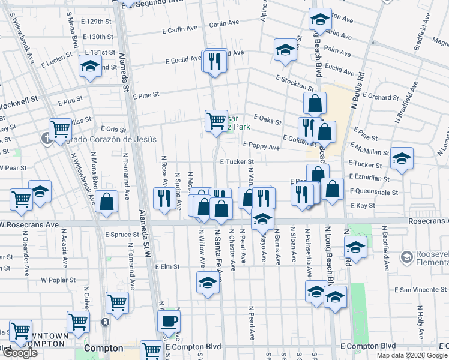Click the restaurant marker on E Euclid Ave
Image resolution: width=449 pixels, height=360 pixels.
click(215, 61)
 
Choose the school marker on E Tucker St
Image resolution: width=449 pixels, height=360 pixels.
click(402, 159)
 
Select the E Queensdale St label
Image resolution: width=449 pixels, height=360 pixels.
click(375, 193)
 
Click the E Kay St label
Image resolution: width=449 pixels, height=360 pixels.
click(363, 205)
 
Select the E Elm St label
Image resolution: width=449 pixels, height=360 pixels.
click(167, 266)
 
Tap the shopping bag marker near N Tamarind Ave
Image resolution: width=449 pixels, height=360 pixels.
click(106, 202)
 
